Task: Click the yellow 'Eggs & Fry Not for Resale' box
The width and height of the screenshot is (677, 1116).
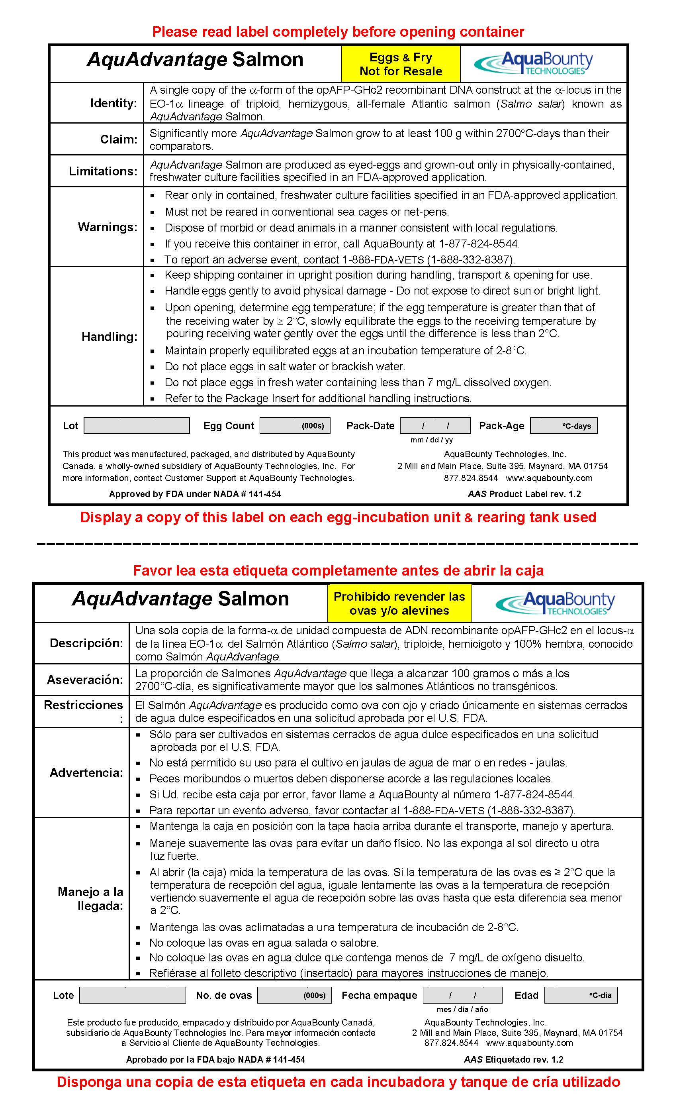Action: tap(401, 64)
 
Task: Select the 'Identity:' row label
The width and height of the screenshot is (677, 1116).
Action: tap(113, 103)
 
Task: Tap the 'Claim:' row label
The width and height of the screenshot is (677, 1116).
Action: tap(119, 139)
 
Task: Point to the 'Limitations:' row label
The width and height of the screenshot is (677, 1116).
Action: tap(103, 171)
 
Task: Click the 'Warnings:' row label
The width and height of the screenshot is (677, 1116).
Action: tap(107, 227)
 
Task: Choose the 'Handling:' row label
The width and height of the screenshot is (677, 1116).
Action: tap(109, 336)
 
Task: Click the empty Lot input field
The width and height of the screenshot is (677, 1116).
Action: tap(136, 426)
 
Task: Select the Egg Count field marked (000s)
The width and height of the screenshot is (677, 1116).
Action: tap(295, 426)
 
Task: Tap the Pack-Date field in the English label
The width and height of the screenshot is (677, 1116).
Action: tap(435, 426)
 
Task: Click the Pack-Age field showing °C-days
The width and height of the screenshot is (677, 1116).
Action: tap(564, 426)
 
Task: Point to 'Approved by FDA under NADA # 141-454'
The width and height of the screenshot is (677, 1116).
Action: tap(195, 494)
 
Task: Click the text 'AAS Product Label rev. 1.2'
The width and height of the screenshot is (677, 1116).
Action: tap(524, 494)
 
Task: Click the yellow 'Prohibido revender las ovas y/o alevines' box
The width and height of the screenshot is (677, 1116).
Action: tap(399, 603)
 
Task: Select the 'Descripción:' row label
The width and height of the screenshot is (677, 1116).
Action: tap(86, 643)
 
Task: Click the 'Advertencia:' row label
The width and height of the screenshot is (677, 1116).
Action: tap(86, 773)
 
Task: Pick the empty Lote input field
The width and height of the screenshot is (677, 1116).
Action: tap(133, 995)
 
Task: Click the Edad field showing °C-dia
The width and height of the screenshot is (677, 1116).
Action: tap(581, 995)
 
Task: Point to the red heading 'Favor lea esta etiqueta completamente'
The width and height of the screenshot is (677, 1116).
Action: tap(338, 571)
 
